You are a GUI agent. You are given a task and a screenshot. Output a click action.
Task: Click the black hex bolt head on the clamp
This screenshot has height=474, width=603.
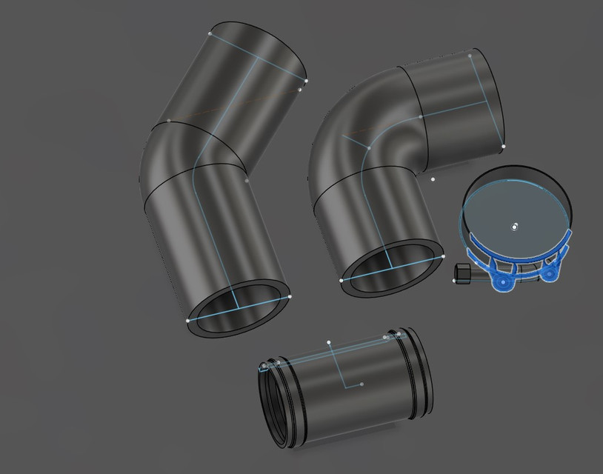(462, 274)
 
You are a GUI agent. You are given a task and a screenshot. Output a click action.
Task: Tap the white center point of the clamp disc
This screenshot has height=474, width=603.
(515, 227)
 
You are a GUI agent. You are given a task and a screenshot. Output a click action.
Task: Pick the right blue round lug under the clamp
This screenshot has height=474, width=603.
(550, 273)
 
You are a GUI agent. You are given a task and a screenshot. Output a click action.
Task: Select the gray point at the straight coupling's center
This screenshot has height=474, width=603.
(362, 384)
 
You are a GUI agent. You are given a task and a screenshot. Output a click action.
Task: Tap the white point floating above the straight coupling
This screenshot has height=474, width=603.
(329, 342)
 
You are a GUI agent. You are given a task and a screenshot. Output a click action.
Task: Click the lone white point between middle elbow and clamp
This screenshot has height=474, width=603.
(433, 178)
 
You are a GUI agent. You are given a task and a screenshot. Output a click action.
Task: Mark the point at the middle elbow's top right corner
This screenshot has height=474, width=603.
(470, 55)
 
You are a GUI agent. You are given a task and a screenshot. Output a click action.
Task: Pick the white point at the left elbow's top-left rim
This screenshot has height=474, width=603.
(210, 33)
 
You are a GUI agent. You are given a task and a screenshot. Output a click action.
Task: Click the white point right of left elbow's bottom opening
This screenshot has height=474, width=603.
(290, 296)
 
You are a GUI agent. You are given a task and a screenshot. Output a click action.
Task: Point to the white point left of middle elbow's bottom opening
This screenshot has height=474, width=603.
(342, 281)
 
